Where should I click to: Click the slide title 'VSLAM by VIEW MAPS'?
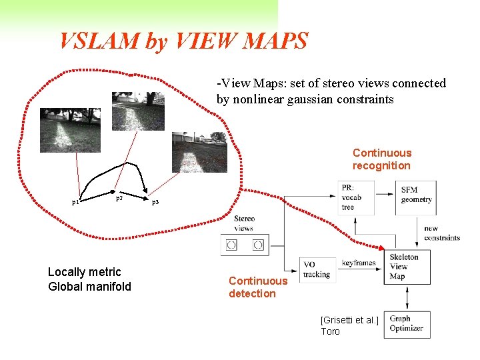pyautogui.click(x=183, y=41)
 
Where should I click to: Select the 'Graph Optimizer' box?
pyautogui.click(x=407, y=325)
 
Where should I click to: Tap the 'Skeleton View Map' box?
pyautogui.click(x=407, y=267)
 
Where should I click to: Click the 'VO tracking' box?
pyautogui.click(x=317, y=269)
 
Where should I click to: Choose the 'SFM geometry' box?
pyautogui.click(x=417, y=195)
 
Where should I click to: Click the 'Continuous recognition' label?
pyautogui.click(x=382, y=159)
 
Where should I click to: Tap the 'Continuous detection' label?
pyautogui.click(x=258, y=287)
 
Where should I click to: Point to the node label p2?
pyautogui.click(x=119, y=198)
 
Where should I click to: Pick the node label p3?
pyautogui.click(x=155, y=201)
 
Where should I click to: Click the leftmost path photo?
pyautogui.click(x=70, y=129)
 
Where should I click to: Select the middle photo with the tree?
pyautogui.click(x=137, y=110)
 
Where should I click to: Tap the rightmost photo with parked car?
pyautogui.click(x=199, y=151)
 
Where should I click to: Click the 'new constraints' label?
pyautogui.click(x=441, y=233)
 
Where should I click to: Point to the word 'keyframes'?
pyautogui.click(x=359, y=263)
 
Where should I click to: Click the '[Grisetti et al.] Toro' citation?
pyautogui.click(x=349, y=326)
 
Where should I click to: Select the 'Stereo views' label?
pyautogui.click(x=244, y=223)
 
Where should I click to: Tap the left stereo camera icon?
pyautogui.click(x=231, y=245)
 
